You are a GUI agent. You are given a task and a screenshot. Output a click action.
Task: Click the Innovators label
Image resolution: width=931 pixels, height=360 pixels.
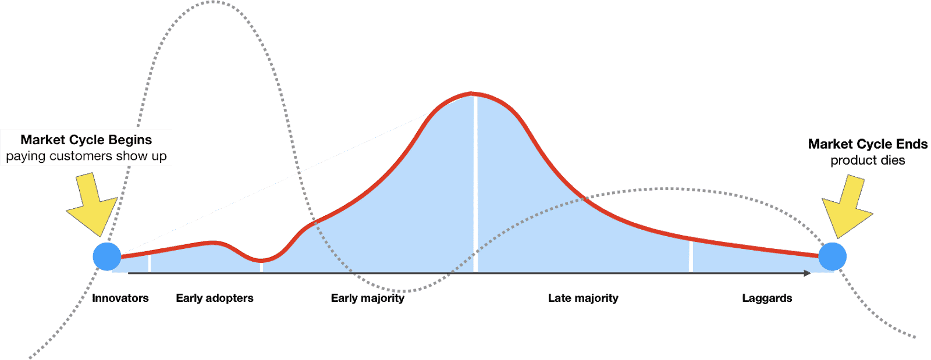(x=120, y=298)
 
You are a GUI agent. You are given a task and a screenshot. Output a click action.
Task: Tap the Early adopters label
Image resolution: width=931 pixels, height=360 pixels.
(x=215, y=298)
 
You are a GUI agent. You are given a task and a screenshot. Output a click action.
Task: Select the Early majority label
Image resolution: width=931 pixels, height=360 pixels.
(x=367, y=298)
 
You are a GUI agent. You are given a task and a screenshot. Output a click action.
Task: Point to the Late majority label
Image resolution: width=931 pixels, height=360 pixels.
(x=583, y=298)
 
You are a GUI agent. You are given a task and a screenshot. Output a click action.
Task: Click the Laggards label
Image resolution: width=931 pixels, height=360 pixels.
(x=767, y=298)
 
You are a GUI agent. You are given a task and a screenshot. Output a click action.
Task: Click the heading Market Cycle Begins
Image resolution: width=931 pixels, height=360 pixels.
(x=86, y=140)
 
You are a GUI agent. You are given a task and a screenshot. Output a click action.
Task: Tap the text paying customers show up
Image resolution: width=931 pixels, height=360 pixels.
(x=86, y=156)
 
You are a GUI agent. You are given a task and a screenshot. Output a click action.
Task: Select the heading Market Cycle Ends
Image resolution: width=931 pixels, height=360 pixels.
(x=868, y=144)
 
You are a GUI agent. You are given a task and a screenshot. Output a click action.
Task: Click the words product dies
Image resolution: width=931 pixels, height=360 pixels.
(x=868, y=161)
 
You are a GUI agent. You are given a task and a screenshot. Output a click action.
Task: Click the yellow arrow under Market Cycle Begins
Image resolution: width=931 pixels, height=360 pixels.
(x=93, y=204)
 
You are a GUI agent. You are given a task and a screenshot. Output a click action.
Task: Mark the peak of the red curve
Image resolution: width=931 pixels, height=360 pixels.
(x=474, y=93)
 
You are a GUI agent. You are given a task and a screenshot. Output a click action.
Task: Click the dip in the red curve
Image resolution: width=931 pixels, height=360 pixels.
(x=261, y=259)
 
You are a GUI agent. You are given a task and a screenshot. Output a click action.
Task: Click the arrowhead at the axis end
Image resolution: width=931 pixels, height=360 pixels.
(x=808, y=273)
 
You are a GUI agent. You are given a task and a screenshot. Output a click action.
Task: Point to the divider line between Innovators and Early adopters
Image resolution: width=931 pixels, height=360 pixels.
(x=150, y=263)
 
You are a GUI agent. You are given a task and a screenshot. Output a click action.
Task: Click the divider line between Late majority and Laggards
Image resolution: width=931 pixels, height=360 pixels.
(x=691, y=256)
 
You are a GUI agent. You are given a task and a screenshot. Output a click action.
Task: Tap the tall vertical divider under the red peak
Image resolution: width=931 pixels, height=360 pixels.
(x=475, y=186)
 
